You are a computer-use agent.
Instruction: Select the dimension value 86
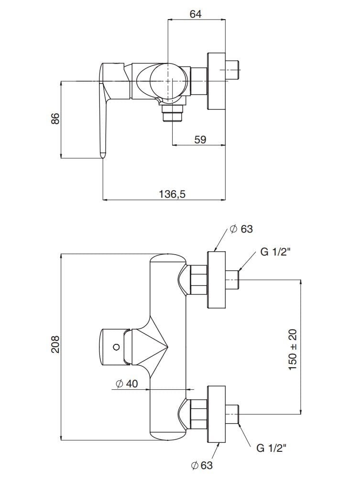pos(55,118)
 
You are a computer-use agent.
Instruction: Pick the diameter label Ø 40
pos(126,384)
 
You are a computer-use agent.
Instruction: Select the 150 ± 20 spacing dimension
pos(293,347)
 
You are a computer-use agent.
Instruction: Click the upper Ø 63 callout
pos(241,229)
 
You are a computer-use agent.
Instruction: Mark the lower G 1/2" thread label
pos(271,448)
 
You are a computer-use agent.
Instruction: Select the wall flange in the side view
pos(216,81)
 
